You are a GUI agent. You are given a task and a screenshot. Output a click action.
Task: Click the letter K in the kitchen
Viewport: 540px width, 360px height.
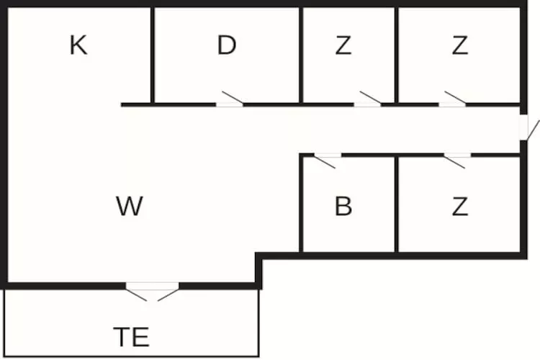[78, 45]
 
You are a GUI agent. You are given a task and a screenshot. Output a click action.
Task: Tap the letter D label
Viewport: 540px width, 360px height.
[226, 45]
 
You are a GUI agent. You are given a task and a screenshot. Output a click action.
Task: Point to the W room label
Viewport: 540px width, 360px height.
[130, 207]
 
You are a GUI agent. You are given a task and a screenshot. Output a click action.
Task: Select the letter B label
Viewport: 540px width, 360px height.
[343, 207]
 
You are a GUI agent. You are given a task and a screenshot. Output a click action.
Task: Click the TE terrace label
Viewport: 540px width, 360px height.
[131, 336]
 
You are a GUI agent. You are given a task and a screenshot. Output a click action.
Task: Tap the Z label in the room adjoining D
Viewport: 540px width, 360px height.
[343, 45]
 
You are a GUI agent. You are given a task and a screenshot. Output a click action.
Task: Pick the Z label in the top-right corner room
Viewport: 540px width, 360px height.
[460, 45]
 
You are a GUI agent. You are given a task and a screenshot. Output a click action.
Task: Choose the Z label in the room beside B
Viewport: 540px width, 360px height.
[460, 207]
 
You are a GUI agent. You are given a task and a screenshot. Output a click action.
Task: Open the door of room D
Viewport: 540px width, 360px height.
[230, 102]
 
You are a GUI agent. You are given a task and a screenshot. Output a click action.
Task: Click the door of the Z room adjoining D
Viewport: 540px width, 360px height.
[368, 102]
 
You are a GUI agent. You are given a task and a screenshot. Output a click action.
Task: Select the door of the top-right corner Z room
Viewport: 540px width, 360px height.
[453, 102]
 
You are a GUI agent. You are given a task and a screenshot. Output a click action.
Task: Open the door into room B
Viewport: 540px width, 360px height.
[328, 158]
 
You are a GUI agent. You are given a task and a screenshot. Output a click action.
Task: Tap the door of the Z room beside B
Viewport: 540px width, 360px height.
[456, 158]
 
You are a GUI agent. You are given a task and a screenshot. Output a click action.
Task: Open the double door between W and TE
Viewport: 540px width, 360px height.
[152, 291]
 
